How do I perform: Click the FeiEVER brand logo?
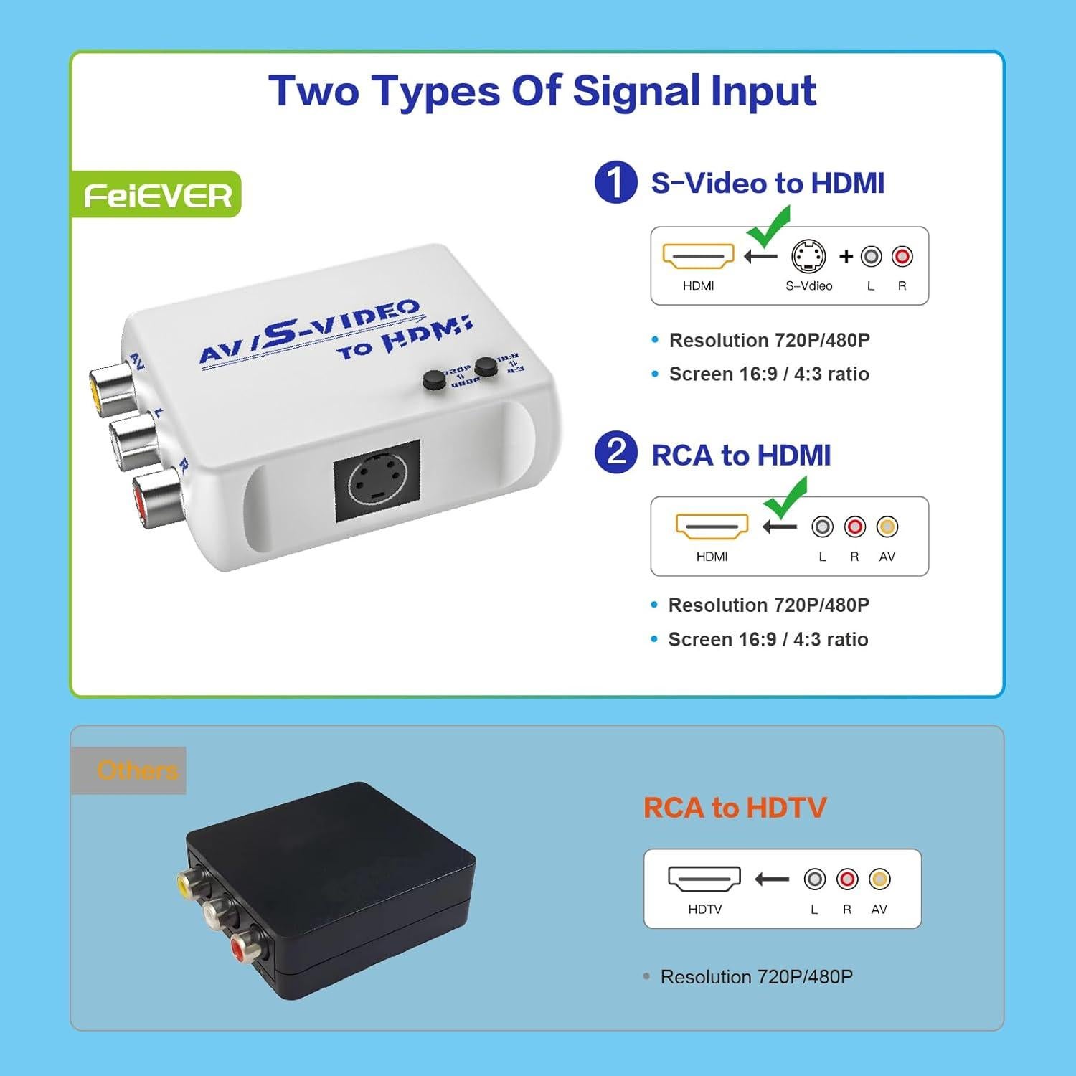157,195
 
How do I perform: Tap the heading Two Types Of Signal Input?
542,92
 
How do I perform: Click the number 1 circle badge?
615,182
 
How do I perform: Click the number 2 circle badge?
615,453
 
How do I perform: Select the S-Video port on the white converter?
377,481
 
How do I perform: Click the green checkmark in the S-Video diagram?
769,226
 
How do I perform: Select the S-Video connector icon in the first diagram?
808,256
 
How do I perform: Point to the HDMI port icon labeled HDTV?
704,879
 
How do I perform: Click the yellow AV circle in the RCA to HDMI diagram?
887,527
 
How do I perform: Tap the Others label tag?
129,770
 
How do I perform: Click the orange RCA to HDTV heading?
735,808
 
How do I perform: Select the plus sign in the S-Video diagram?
846,256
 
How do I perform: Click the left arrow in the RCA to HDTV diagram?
772,879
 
